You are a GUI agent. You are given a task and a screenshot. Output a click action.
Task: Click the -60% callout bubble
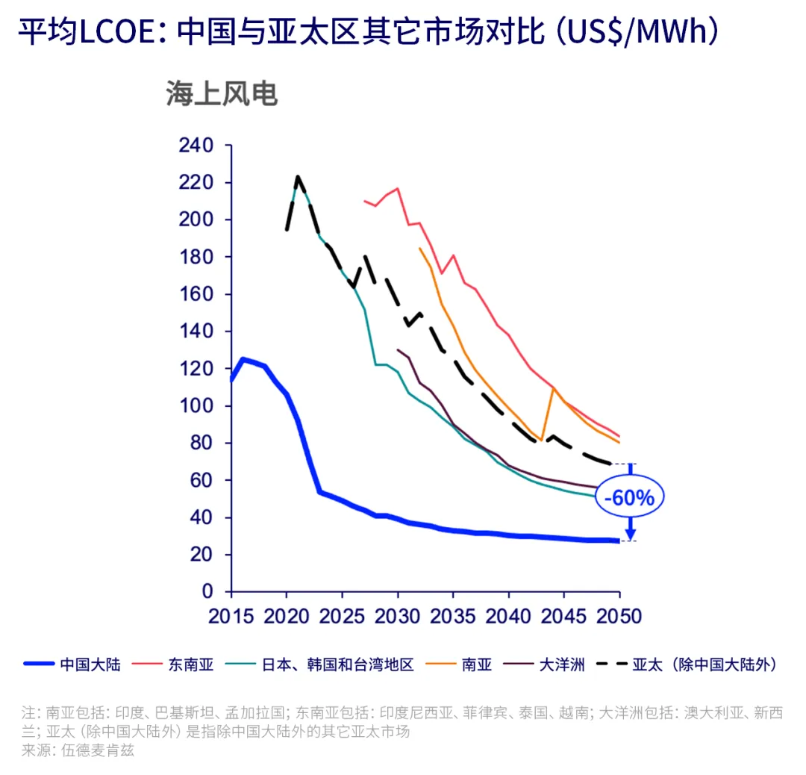point(629,497)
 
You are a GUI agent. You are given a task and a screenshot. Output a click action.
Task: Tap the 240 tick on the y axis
point(196,145)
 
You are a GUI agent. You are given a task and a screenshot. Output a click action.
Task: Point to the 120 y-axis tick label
point(196,369)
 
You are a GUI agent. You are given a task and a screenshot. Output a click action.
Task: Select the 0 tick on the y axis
point(207,592)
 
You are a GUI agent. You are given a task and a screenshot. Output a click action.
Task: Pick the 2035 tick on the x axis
point(453,616)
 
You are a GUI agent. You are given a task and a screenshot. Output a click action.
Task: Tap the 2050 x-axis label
point(619,616)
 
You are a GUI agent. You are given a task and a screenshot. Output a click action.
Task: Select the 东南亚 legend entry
point(190,664)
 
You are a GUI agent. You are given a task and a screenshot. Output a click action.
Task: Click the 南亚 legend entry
point(477,664)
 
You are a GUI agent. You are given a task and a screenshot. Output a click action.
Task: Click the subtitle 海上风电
point(222,94)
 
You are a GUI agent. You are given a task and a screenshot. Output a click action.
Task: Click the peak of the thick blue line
point(243,359)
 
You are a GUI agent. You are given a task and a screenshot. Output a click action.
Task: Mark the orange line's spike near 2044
point(552,387)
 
